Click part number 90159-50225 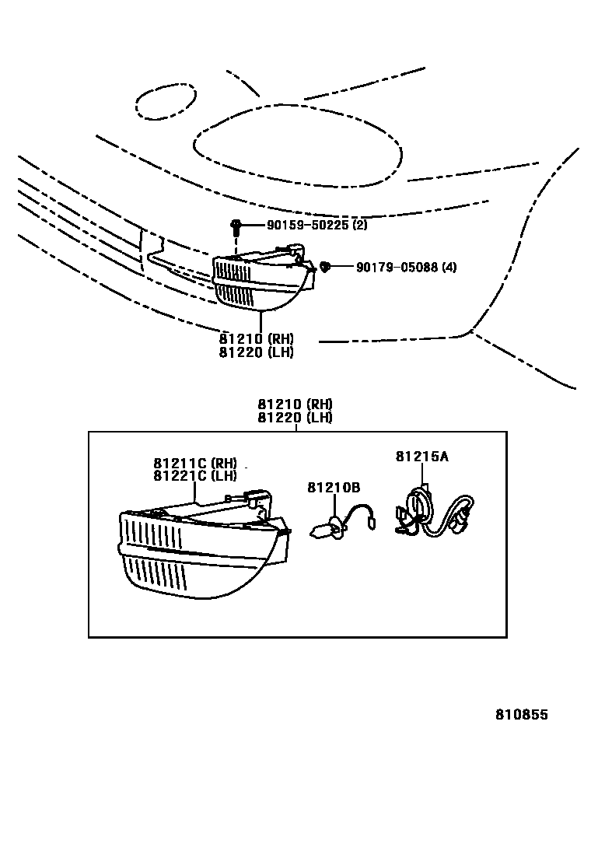click(x=308, y=225)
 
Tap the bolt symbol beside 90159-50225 click(x=236, y=226)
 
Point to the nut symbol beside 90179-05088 click(x=326, y=268)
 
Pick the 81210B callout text click(x=334, y=488)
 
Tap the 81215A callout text click(x=421, y=457)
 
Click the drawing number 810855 click(x=523, y=714)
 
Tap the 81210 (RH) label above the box click(x=295, y=404)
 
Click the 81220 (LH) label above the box click(x=295, y=417)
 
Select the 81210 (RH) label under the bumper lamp click(x=257, y=339)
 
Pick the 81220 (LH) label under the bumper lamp click(x=257, y=352)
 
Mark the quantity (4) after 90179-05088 click(x=449, y=268)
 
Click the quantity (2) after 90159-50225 click(x=359, y=225)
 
